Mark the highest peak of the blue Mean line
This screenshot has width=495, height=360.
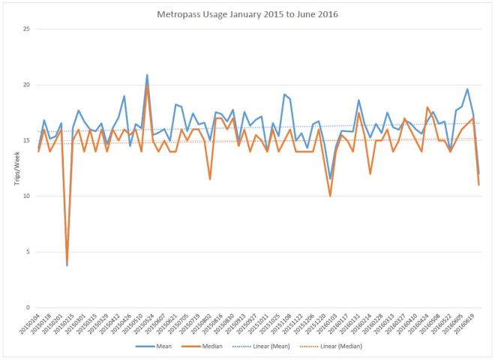[x=147, y=75]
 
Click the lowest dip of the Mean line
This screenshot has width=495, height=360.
[x=67, y=265]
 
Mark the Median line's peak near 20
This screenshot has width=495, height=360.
[x=147, y=86]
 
